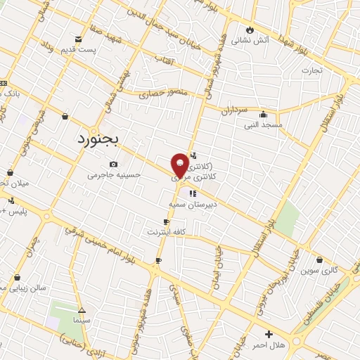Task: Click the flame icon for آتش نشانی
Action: click(250, 29)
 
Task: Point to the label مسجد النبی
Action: click(263, 124)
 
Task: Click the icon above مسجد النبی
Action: click(263, 114)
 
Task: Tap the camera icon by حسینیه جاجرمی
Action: click(113, 165)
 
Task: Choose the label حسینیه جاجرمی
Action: click(114, 175)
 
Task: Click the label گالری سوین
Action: click(320, 270)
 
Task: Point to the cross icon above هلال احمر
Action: click(268, 334)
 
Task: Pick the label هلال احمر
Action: click(268, 345)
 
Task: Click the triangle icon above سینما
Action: click(82, 309)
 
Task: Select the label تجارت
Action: click(311, 70)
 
